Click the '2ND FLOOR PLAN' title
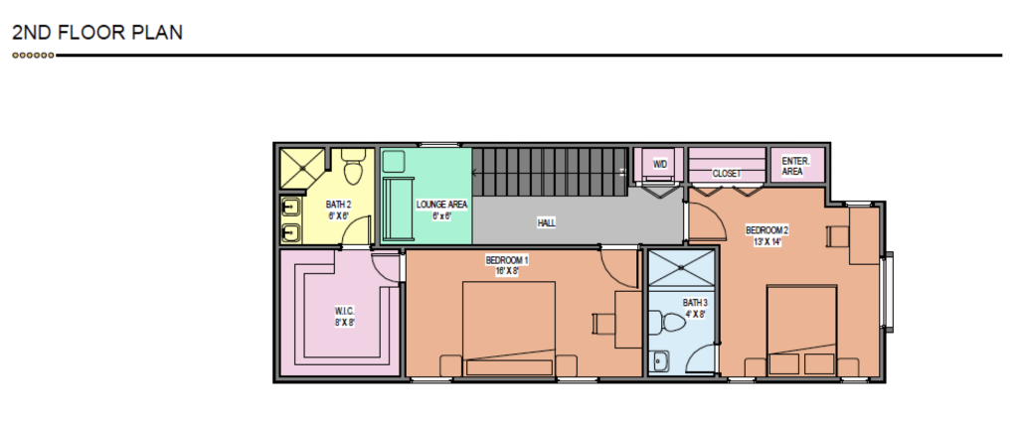(x=97, y=33)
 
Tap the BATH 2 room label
(x=339, y=204)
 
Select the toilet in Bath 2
(x=351, y=161)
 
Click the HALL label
(x=546, y=223)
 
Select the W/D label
(x=659, y=164)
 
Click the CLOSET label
(x=727, y=173)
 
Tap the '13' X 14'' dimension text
(x=765, y=241)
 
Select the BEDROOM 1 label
(x=506, y=260)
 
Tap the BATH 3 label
(x=695, y=302)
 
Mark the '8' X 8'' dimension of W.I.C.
(x=345, y=322)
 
